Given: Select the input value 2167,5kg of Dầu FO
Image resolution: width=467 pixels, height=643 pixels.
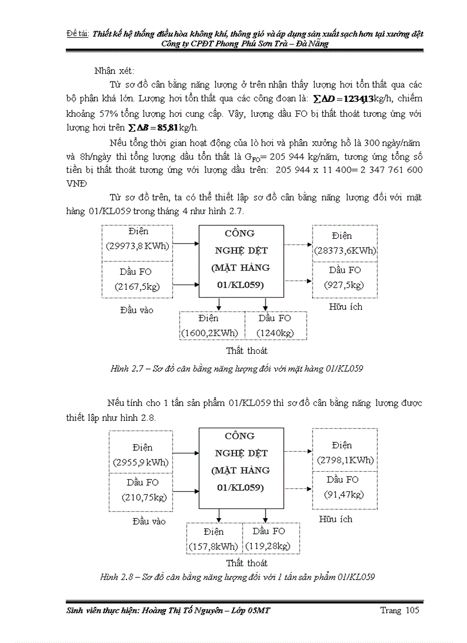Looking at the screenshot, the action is tap(135, 286).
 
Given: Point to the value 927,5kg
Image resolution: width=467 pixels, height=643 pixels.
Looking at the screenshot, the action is tap(344, 285).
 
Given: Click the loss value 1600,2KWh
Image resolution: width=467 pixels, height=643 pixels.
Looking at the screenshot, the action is tap(209, 333).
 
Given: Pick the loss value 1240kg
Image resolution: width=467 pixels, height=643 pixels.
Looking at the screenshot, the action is tap(275, 333).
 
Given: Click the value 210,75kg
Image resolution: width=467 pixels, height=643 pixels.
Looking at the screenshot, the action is tap(144, 496).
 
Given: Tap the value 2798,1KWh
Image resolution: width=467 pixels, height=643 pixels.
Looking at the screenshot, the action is tap(345, 459).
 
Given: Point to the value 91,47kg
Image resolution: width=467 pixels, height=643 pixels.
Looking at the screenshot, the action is tap(344, 494).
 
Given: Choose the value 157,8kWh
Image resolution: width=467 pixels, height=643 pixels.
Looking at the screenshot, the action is tap(213, 546).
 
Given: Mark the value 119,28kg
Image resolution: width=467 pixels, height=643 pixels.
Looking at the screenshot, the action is tap(268, 546).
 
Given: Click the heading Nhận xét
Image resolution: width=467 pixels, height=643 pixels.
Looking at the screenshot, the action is tap(114, 70).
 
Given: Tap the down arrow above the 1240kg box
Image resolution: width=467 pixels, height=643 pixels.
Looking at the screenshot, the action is tap(266, 305).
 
